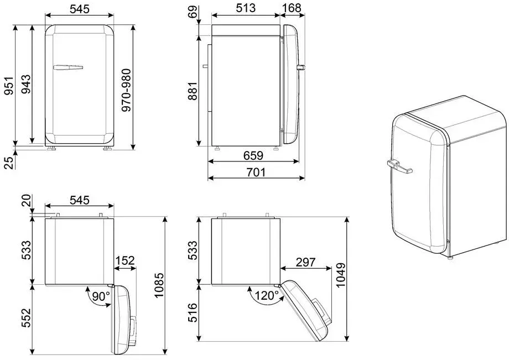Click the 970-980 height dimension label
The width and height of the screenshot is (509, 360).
coord(126,90)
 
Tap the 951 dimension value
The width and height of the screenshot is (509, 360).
coord(9,86)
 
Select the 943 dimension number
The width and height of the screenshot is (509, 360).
coord(26,84)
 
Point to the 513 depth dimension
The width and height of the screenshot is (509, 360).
coord(246,8)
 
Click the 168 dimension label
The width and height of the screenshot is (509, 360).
coord(292,8)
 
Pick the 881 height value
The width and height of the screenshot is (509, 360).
coord(193,91)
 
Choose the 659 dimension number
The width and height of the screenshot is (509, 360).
coord(253,156)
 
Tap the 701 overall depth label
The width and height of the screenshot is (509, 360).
coord(256,172)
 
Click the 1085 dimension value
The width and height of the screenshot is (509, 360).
coord(159,285)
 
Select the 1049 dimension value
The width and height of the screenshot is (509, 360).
coord(341,275)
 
